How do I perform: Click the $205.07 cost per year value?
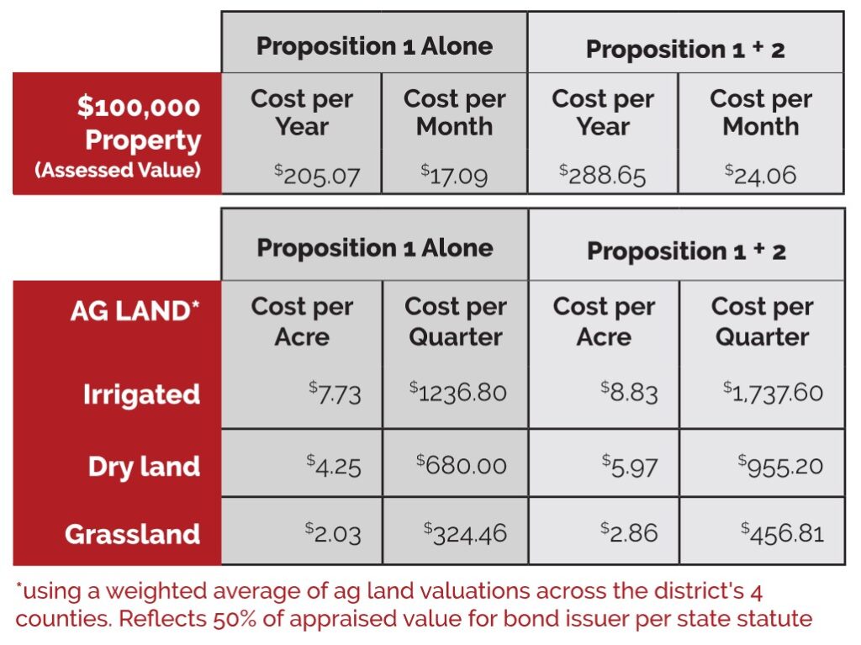coord(317,175)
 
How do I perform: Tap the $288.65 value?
coord(602,175)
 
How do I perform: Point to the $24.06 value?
coord(760,175)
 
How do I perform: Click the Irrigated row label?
coord(141,394)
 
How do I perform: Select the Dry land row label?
coord(144,466)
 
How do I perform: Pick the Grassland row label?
coord(132,534)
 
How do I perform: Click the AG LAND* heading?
coord(135,311)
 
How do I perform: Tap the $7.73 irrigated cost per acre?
coord(334,393)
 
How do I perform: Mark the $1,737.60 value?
coord(773,393)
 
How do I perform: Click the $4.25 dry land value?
coord(334,465)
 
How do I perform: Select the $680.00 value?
coord(462,465)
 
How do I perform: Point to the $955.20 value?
coord(780,465)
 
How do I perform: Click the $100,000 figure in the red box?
coord(139,108)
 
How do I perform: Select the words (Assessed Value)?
coord(118,170)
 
